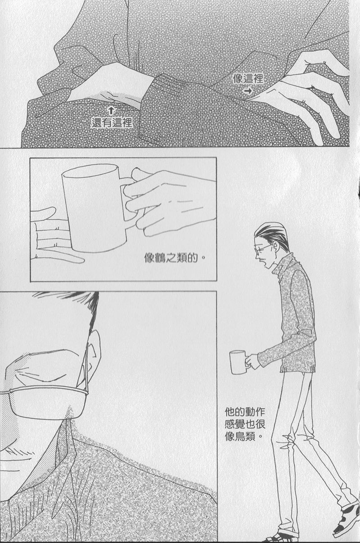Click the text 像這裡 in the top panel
[x=248, y=78]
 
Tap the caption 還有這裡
[x=112, y=122]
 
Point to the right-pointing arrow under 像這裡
[x=248, y=91]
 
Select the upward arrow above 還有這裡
[x=111, y=111]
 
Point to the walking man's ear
[x=276, y=247]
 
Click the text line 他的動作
[x=245, y=412]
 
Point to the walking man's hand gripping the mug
[x=252, y=361]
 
